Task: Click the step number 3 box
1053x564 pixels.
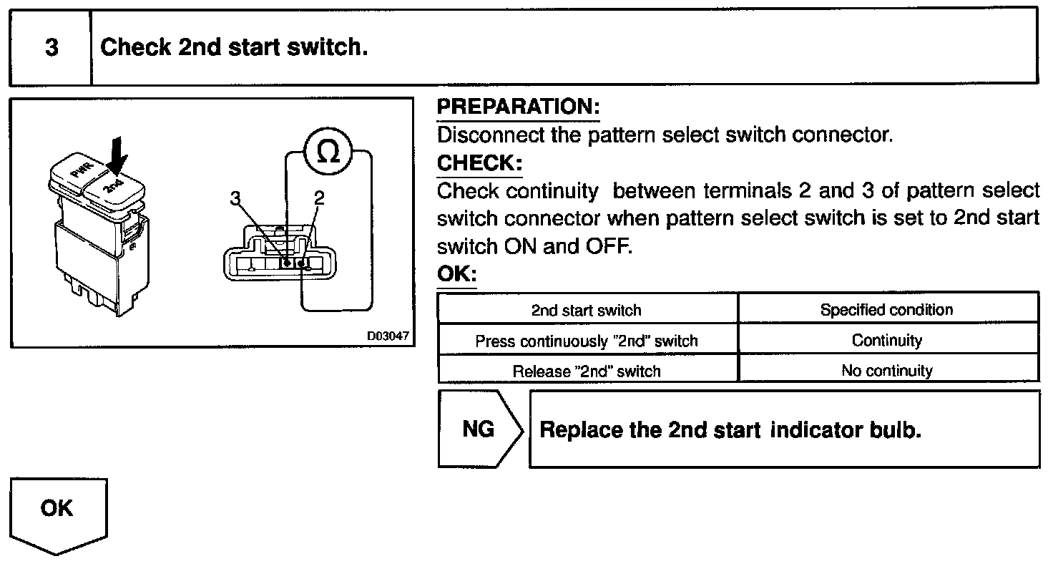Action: pos(51,48)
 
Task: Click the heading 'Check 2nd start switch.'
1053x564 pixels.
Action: pos(234,48)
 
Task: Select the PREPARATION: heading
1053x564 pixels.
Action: pos(518,107)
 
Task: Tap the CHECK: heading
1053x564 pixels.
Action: pos(479,163)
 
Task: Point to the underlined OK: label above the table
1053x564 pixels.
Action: pos(456,275)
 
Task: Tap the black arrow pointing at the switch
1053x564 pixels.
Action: pos(118,153)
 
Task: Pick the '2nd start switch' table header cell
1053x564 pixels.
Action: pos(587,311)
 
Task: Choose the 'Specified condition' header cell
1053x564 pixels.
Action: pos(887,310)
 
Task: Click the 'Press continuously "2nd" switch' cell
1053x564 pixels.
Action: pos(587,341)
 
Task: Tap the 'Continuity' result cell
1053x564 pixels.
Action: pos(887,341)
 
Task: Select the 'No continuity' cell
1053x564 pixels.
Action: pos(887,371)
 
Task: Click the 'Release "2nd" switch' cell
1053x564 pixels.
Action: pos(587,371)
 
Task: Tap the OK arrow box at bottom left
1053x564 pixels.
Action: pos(57,512)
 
